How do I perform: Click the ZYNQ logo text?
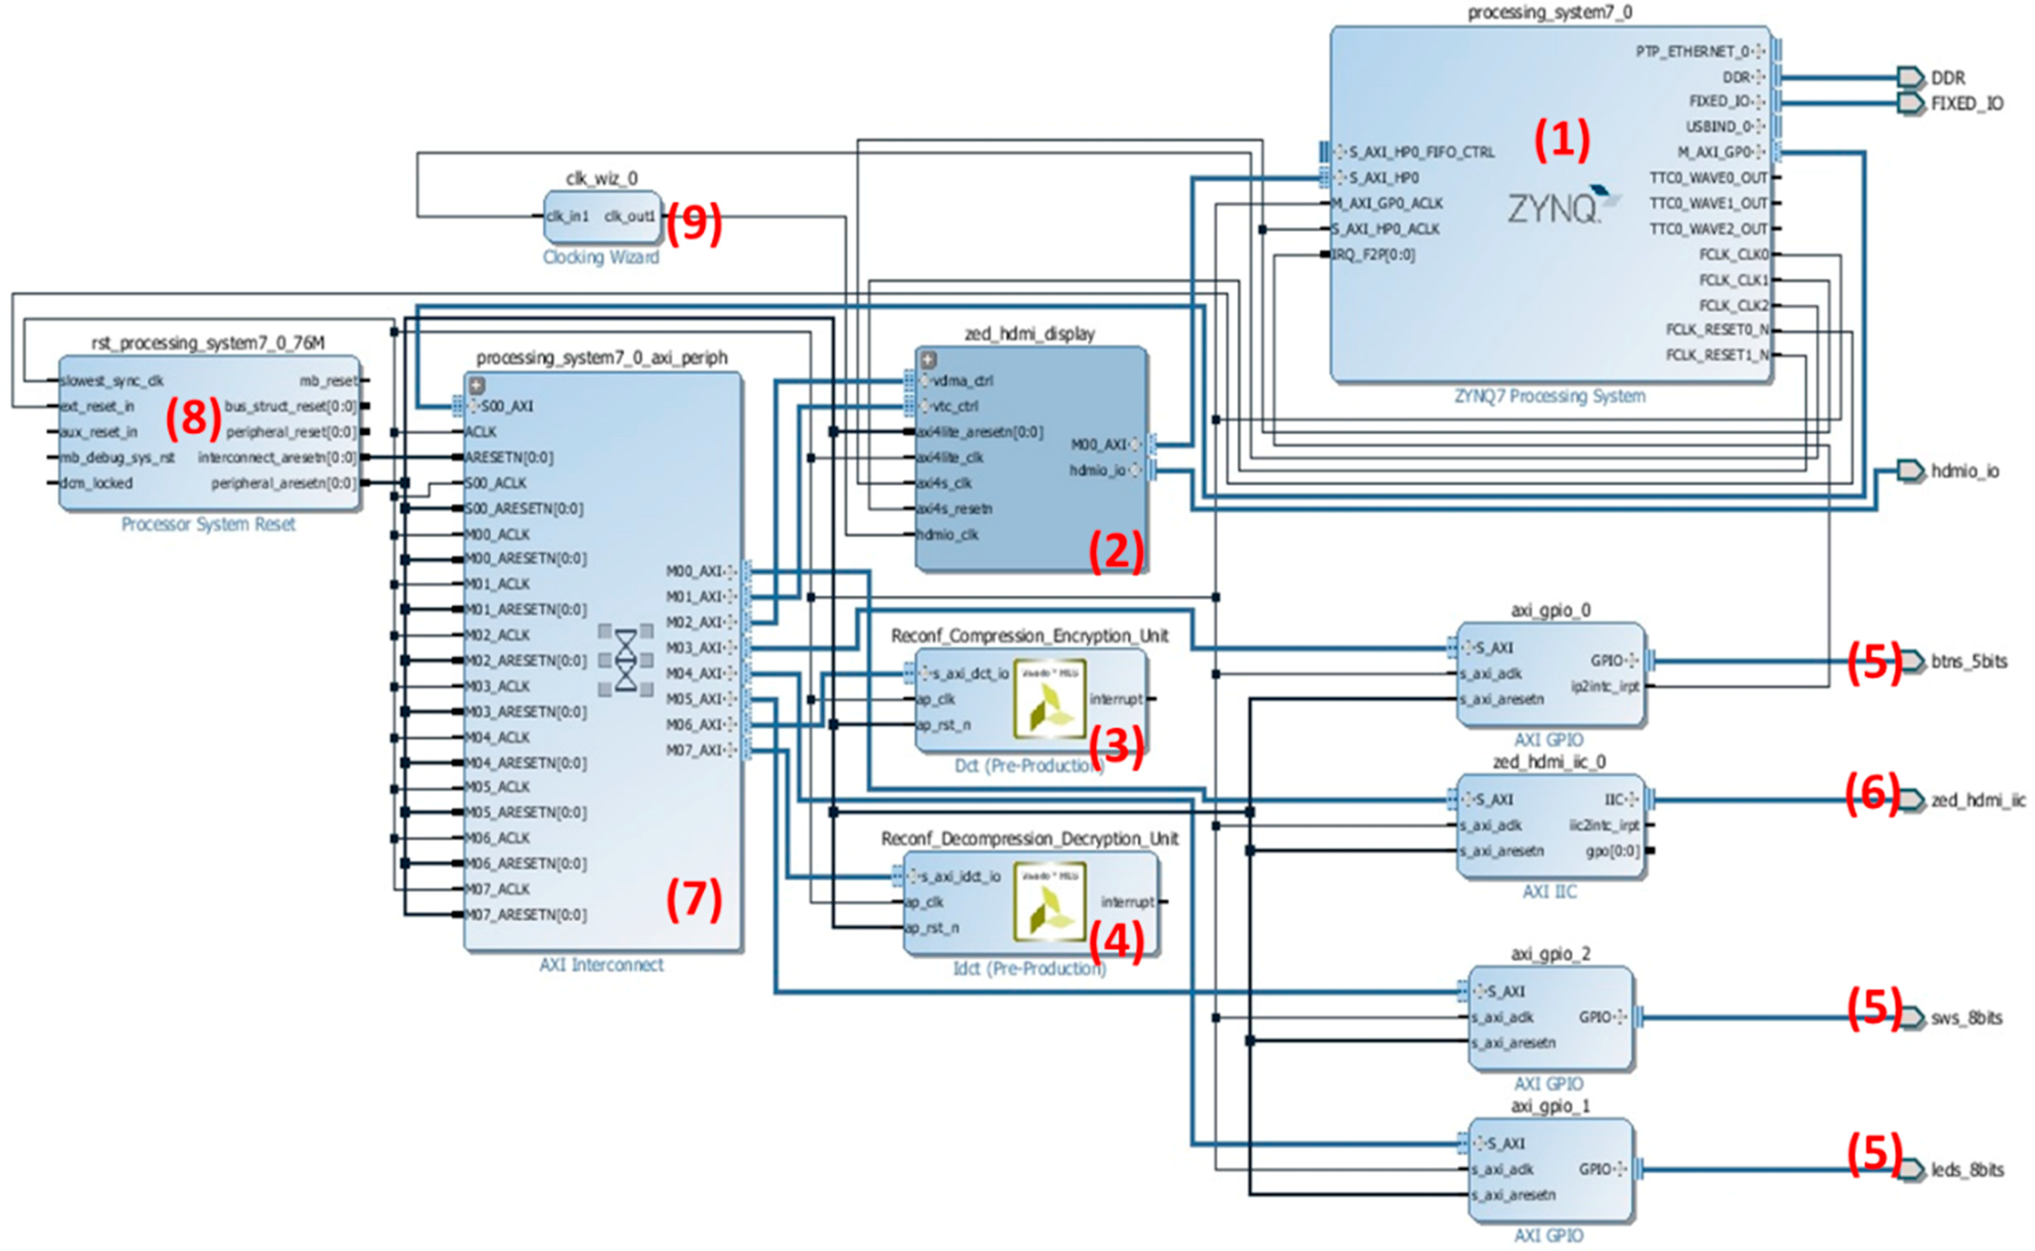click(x=1552, y=208)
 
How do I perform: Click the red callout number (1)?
click(x=1562, y=139)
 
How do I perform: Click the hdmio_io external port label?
click(x=1965, y=471)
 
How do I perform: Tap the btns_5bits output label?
click(x=1969, y=661)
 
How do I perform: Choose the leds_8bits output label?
click(x=1967, y=1170)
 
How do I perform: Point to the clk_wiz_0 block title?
click(x=602, y=178)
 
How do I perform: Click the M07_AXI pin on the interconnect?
click(x=700, y=750)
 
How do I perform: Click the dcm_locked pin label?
click(x=97, y=483)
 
